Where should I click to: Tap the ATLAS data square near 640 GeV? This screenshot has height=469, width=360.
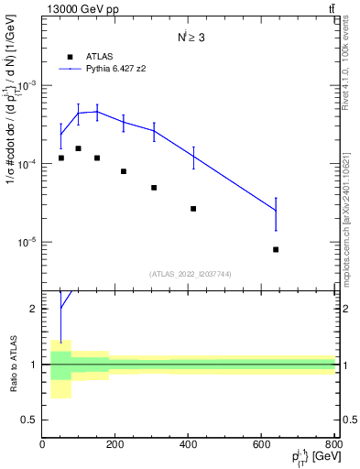(276, 249)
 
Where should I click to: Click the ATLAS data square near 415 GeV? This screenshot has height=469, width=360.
(193, 209)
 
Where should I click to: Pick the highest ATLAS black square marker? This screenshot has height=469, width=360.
(79, 147)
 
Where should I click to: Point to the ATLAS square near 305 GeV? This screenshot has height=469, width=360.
(154, 187)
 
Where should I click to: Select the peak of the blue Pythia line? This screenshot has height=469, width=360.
(97, 111)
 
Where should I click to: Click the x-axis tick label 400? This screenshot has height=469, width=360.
(189, 444)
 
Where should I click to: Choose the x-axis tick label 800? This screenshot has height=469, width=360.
(334, 444)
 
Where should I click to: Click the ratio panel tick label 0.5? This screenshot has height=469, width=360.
(30, 420)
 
